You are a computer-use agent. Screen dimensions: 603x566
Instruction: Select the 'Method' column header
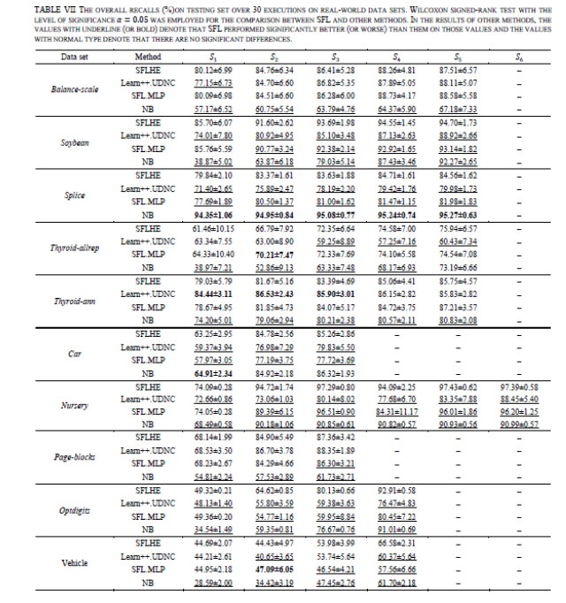pyautogui.click(x=147, y=57)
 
